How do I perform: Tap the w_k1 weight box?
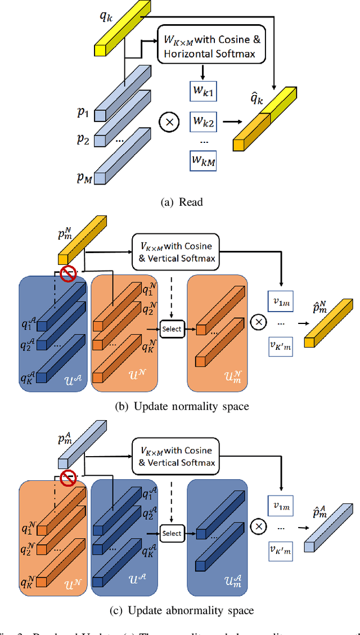pyautogui.click(x=203, y=92)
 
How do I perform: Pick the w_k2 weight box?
pyautogui.click(x=203, y=120)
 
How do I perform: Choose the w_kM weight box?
pyautogui.click(x=203, y=162)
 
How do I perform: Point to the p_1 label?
pyautogui.click(x=83, y=113)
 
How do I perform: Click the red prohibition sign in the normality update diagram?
pyautogui.click(x=68, y=274)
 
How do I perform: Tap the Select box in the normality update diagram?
pyautogui.click(x=172, y=328)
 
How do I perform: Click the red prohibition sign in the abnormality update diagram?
pyautogui.click(x=68, y=478)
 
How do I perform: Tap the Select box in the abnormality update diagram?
pyautogui.click(x=172, y=533)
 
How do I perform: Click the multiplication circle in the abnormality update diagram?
pyautogui.click(x=259, y=526)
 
